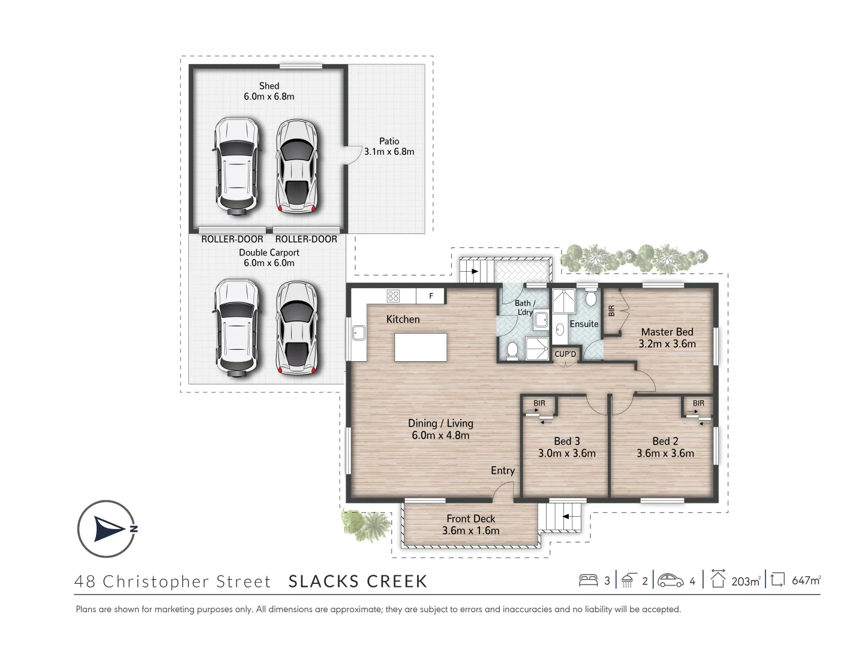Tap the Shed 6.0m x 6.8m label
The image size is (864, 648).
click(x=269, y=91)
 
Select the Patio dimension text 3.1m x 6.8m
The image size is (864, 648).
click(x=389, y=151)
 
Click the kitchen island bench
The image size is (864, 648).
click(x=421, y=347)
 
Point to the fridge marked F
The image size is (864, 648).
click(x=431, y=296)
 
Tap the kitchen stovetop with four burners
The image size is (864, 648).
click(x=393, y=295)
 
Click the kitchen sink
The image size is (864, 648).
click(x=359, y=333)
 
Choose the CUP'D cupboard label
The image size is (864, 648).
click(x=565, y=354)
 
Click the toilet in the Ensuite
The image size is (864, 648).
click(x=590, y=298)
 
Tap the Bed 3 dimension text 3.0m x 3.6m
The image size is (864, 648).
click(x=567, y=453)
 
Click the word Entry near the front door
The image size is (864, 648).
click(x=503, y=470)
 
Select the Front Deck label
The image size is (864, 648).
click(x=471, y=518)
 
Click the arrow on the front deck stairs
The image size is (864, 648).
click(x=566, y=516)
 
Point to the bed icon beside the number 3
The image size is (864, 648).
click(x=588, y=580)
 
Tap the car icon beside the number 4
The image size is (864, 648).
click(x=670, y=581)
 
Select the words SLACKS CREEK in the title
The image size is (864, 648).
click(x=358, y=581)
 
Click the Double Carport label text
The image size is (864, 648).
click(x=269, y=253)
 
